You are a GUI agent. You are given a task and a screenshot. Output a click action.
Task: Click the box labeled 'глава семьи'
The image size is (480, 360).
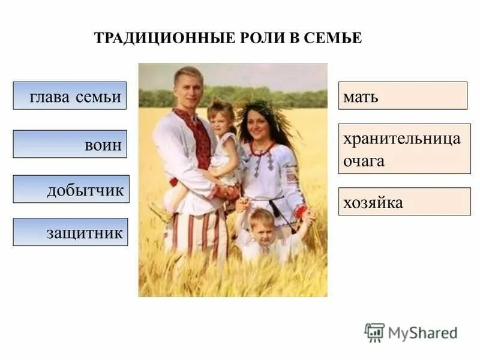(70, 95)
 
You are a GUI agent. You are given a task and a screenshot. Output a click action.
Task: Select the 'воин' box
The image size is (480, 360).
(70, 144)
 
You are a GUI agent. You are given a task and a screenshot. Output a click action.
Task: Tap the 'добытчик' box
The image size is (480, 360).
(71, 189)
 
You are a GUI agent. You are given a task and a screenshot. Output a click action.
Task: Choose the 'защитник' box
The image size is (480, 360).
(71, 232)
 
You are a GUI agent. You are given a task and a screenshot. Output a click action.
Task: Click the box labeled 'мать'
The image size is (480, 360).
(403, 95)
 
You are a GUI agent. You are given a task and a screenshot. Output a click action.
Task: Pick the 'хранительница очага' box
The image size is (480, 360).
(404, 149)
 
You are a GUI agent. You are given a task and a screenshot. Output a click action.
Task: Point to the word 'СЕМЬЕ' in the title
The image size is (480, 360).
(332, 38)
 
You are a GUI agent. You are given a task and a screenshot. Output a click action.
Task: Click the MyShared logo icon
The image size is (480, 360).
(374, 332)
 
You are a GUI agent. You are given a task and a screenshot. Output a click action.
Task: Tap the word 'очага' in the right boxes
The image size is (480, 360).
(364, 161)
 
